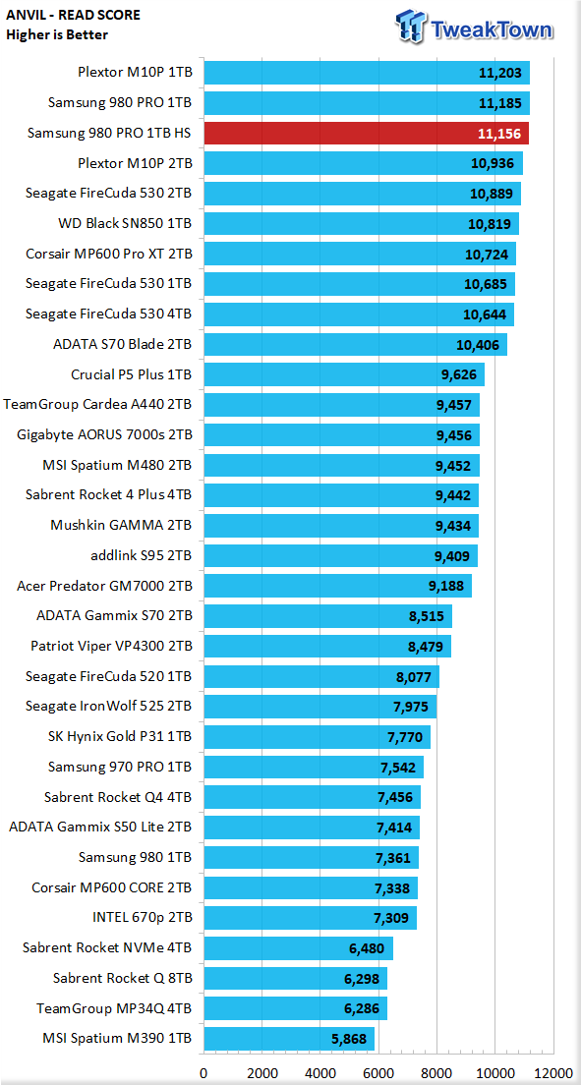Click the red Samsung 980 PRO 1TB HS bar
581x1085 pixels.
[366, 134]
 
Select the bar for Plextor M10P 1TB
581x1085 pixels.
[367, 73]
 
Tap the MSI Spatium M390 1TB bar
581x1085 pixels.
[289, 1039]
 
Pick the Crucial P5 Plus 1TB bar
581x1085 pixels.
[344, 374]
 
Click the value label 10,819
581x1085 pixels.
[489, 223]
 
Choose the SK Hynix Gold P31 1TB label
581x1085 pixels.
[121, 736]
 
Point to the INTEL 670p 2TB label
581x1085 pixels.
[142, 918]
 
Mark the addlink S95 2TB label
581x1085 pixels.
[142, 555]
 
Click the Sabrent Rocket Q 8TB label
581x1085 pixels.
[122, 978]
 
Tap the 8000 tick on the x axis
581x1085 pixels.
[436, 1073]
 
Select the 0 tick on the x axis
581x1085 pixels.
[203, 1073]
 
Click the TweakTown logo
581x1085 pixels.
[475, 28]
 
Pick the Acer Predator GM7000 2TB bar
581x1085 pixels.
[338, 586]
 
